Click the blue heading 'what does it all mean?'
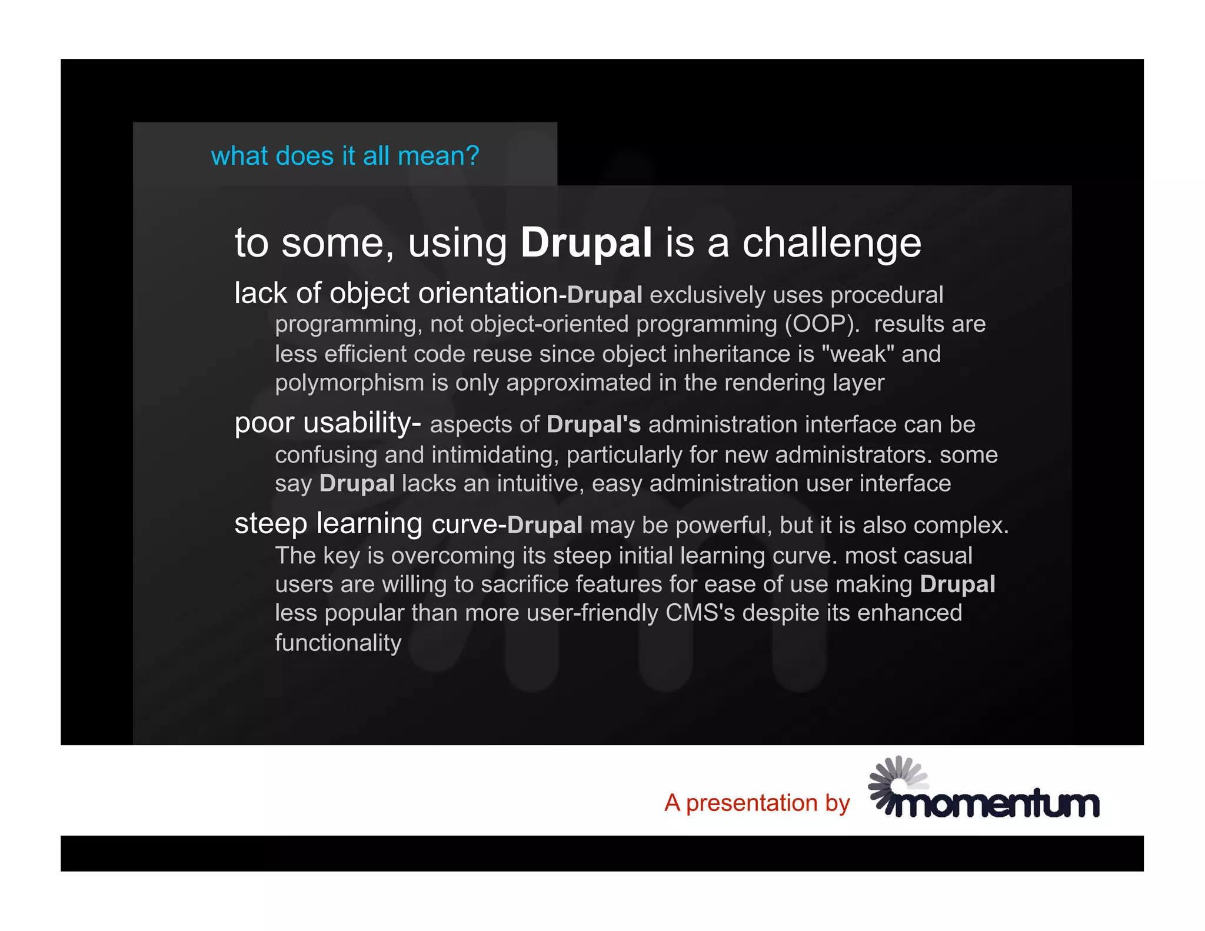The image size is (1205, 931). pyautogui.click(x=345, y=156)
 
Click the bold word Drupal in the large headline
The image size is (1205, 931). pyautogui.click(x=586, y=242)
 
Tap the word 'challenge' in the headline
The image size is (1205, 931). pyautogui.click(x=831, y=244)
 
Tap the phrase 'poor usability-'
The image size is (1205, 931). pyautogui.click(x=328, y=423)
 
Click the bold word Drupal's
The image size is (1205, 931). pyautogui.click(x=593, y=424)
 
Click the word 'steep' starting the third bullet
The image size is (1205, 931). pyautogui.click(x=271, y=523)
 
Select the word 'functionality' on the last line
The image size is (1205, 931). pyautogui.click(x=338, y=643)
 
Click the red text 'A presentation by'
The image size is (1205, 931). pyautogui.click(x=757, y=803)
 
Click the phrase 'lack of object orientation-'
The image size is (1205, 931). pyautogui.click(x=400, y=293)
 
